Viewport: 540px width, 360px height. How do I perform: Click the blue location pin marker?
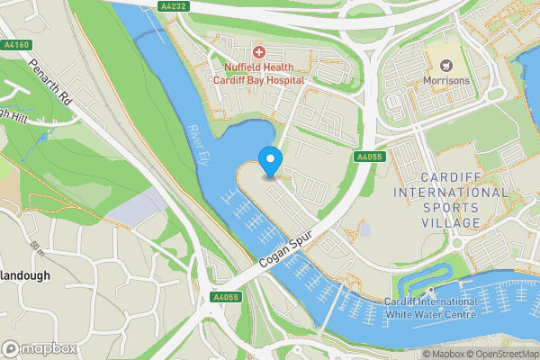270,161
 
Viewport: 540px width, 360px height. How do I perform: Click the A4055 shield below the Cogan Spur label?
225,297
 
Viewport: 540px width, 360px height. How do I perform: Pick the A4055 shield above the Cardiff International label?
369,157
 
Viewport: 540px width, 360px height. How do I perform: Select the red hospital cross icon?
259,53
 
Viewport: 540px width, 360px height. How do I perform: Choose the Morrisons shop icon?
446,64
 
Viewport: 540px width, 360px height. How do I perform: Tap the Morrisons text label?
446,80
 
